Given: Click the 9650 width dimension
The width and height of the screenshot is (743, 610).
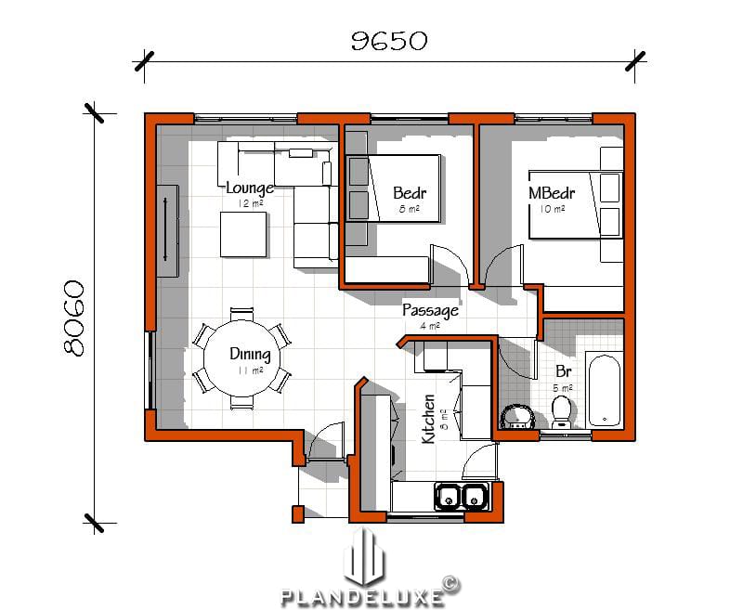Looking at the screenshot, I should (388, 40).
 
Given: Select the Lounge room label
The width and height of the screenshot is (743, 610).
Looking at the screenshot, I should (250, 188).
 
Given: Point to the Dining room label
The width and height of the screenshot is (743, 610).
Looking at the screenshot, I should (250, 354).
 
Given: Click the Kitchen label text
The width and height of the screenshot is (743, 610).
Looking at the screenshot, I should (428, 420).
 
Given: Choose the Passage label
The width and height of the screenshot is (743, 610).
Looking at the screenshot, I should (430, 310).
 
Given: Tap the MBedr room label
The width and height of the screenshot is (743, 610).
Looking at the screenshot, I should (552, 194).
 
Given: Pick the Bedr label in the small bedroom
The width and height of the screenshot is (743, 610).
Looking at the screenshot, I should (410, 194).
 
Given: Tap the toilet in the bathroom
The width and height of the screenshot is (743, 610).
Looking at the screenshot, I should (561, 410).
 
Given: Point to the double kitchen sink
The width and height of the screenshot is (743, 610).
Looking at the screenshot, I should (461, 497).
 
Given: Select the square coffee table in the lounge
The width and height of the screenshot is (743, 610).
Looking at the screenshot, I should (243, 236).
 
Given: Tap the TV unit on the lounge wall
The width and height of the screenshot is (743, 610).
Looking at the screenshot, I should (167, 230).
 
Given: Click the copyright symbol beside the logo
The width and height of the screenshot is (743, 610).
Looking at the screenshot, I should (450, 583).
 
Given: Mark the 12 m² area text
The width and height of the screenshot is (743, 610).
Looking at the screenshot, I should (250, 203).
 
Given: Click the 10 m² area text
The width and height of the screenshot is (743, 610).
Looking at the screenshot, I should (552, 210).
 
